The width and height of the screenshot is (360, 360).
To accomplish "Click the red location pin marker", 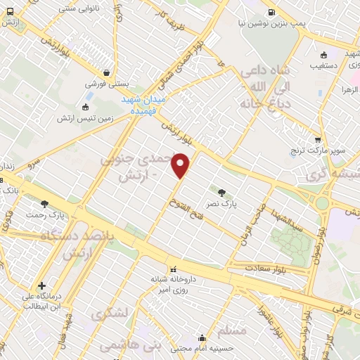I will point(181,166).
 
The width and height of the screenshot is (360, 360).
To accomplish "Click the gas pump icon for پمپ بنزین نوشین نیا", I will point(271,12).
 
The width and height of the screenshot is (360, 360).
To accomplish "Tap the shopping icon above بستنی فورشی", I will point(106,72).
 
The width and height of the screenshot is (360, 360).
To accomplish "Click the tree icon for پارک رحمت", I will point(45,204).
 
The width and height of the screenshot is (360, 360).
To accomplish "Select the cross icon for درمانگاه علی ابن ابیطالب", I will point(42,286).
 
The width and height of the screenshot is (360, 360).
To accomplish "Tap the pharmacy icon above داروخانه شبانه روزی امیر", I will point(173,268).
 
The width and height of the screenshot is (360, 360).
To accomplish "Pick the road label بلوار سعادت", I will point(266,268).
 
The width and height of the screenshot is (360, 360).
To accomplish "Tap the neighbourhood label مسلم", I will point(232,330).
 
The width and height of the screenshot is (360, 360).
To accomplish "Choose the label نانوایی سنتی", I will point(75,7).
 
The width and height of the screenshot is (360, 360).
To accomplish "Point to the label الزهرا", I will point(351,89).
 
